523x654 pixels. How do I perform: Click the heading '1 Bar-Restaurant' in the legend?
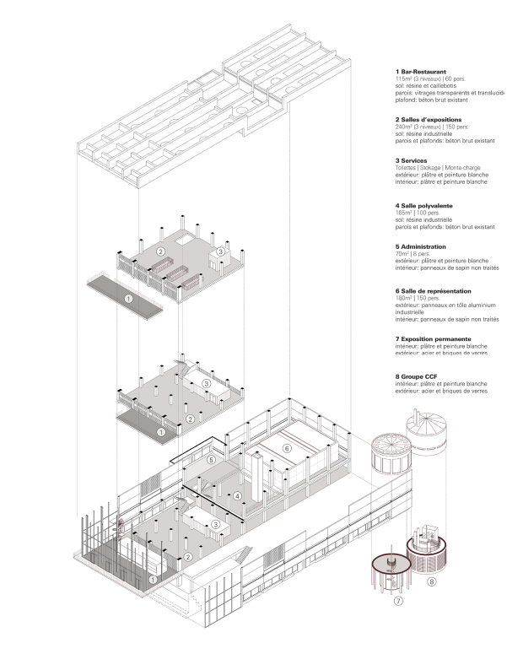tap(421, 72)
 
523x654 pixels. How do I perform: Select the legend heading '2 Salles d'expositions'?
tap(429, 121)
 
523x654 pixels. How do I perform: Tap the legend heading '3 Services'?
tap(411, 160)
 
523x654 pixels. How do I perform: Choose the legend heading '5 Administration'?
tap(421, 247)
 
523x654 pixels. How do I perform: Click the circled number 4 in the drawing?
tap(238, 495)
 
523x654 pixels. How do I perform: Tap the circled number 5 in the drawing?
tap(212, 460)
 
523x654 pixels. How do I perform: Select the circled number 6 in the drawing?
tap(287, 448)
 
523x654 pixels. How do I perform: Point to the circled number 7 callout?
tap(399, 601)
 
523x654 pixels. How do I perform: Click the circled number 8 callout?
tap(431, 581)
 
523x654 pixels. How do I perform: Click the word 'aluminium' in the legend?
tap(486, 305)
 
